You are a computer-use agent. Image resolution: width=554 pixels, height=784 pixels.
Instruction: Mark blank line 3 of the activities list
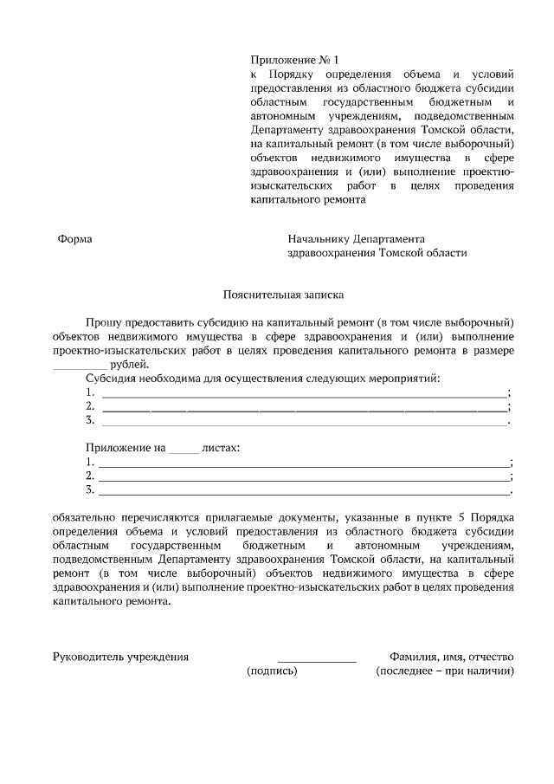point(304,421)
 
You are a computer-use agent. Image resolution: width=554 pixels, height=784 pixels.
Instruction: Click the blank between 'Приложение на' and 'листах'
point(183,449)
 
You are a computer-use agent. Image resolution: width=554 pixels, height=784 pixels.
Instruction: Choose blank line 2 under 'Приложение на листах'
point(304,476)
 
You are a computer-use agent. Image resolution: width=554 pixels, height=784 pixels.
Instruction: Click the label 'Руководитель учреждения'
point(121,657)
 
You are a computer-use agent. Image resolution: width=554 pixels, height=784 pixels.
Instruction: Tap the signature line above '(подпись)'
point(316,661)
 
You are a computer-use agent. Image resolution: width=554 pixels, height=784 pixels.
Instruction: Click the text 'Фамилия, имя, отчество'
point(452,657)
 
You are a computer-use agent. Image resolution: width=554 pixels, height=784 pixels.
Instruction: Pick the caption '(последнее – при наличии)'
point(445,671)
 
